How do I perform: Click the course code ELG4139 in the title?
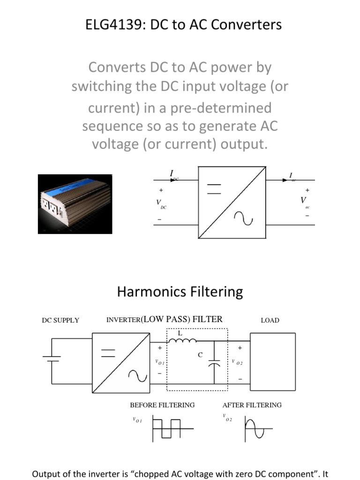[109, 24]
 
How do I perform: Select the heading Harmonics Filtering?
[180, 292]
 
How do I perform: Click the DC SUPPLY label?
[60, 321]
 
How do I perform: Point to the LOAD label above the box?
[270, 321]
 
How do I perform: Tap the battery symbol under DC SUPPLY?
[51, 359]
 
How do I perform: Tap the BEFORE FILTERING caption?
[162, 405]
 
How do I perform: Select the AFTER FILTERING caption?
[252, 405]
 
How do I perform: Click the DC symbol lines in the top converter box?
[214, 189]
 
